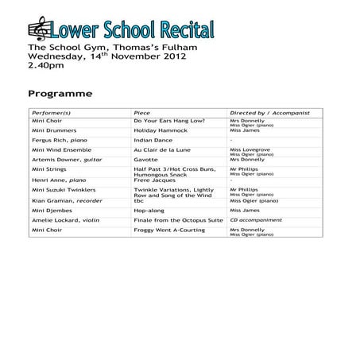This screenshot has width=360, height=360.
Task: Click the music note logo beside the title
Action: [x=38, y=31]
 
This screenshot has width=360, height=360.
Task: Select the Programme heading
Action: [x=60, y=94]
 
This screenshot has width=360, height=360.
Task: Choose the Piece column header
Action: [x=142, y=113]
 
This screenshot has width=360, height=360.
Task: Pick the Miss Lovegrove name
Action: [x=250, y=149]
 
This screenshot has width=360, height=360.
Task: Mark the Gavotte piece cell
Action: [x=145, y=160]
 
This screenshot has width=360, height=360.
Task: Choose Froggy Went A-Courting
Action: [x=169, y=230]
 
